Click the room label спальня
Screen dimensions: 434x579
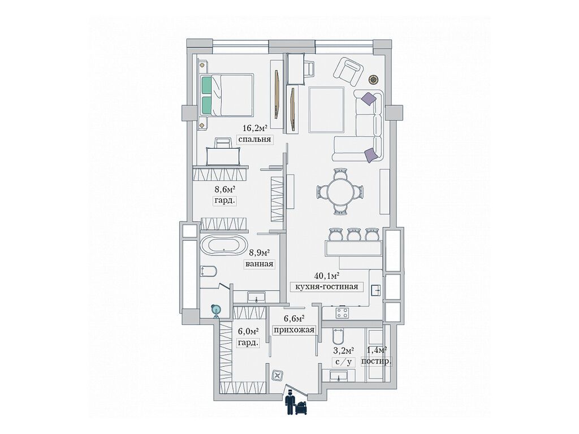pos(255,140)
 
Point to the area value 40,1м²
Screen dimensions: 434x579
pos(327,276)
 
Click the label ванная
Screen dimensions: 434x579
pos(259,264)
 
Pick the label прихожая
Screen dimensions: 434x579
pos(293,331)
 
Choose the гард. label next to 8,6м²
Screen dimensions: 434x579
pos(224,201)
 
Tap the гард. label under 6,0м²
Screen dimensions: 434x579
pos(248,342)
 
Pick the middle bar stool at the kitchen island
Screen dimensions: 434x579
pos(354,233)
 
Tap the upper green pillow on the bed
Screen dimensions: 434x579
pos(206,86)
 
